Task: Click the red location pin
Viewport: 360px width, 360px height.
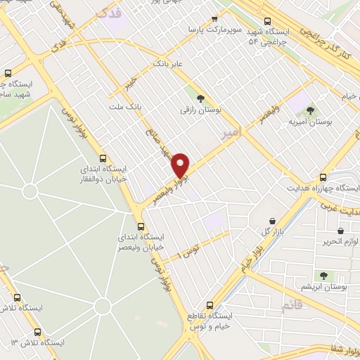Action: pos(181,165)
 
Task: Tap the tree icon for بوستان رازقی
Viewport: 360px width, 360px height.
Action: pos(200,99)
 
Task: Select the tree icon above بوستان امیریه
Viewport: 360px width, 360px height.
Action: pos(311,110)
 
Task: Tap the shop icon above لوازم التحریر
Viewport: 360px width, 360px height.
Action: pos(341,230)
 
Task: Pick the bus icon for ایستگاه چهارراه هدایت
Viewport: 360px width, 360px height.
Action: pos(323,177)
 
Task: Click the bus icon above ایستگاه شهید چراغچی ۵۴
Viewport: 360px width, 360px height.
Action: pos(266,21)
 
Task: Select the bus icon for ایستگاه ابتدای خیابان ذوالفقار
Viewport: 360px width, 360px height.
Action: pos(103,158)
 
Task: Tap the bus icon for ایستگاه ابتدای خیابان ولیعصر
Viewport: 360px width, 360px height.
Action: pos(141,226)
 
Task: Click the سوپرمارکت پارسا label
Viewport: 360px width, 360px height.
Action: pos(212,30)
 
